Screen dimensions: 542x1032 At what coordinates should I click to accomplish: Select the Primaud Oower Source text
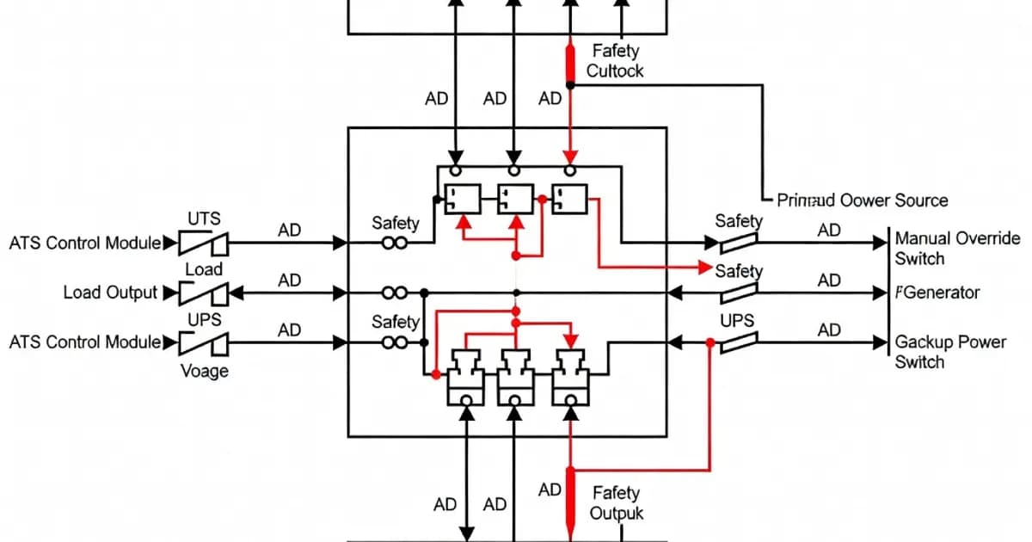coord(862,200)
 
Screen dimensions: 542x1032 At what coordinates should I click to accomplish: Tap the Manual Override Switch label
coord(957,248)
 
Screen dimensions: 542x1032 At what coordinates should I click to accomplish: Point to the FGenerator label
coord(937,293)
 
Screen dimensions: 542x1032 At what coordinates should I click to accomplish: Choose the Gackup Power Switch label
coord(950,351)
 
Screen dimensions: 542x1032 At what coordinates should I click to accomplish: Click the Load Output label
coord(110,293)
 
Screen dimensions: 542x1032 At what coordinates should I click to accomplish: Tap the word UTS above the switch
coord(204,219)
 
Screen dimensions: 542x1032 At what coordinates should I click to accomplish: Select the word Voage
coord(204,371)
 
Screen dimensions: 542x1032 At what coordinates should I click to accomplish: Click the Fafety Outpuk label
coord(615,502)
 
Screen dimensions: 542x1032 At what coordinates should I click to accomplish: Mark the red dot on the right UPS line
coord(709,342)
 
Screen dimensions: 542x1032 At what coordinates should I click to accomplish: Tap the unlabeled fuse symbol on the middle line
coord(394,293)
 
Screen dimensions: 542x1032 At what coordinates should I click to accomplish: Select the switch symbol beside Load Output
coord(204,293)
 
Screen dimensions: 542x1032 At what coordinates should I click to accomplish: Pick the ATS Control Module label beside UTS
coord(84,243)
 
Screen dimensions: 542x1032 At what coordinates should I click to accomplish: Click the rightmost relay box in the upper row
coord(568,200)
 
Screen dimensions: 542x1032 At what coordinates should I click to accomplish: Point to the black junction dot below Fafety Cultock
coord(569,84)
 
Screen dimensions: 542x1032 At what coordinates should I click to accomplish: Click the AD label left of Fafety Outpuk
coord(550,490)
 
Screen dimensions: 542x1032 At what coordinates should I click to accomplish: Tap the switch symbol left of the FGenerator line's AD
coord(739,293)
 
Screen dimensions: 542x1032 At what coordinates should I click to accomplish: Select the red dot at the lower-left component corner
coord(436,375)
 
